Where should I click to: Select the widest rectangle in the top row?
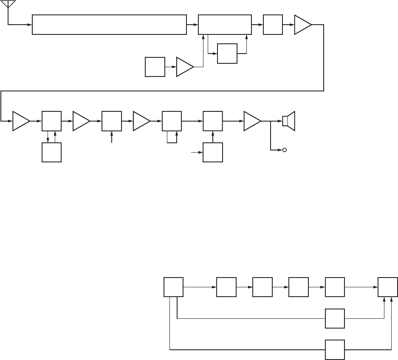pos(109,25)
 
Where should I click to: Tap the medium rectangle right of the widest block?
pos(225,25)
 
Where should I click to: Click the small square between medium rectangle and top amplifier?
pos(273,25)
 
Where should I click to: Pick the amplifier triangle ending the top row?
pos(303,25)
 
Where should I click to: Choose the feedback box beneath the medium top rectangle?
pos(227,53)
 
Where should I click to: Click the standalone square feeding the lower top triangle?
pos(155,67)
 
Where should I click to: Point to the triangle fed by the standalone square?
pos(184,67)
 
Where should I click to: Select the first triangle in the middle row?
pos(21,121)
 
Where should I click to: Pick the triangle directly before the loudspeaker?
pos(252,121)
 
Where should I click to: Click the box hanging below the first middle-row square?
pos(51,152)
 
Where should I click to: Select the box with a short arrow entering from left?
pos(213,152)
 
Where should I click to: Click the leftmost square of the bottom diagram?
pos(174,287)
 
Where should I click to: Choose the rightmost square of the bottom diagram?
pos(388,287)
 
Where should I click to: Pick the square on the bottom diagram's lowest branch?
pos(335,350)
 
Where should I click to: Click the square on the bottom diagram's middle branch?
pos(335,318)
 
